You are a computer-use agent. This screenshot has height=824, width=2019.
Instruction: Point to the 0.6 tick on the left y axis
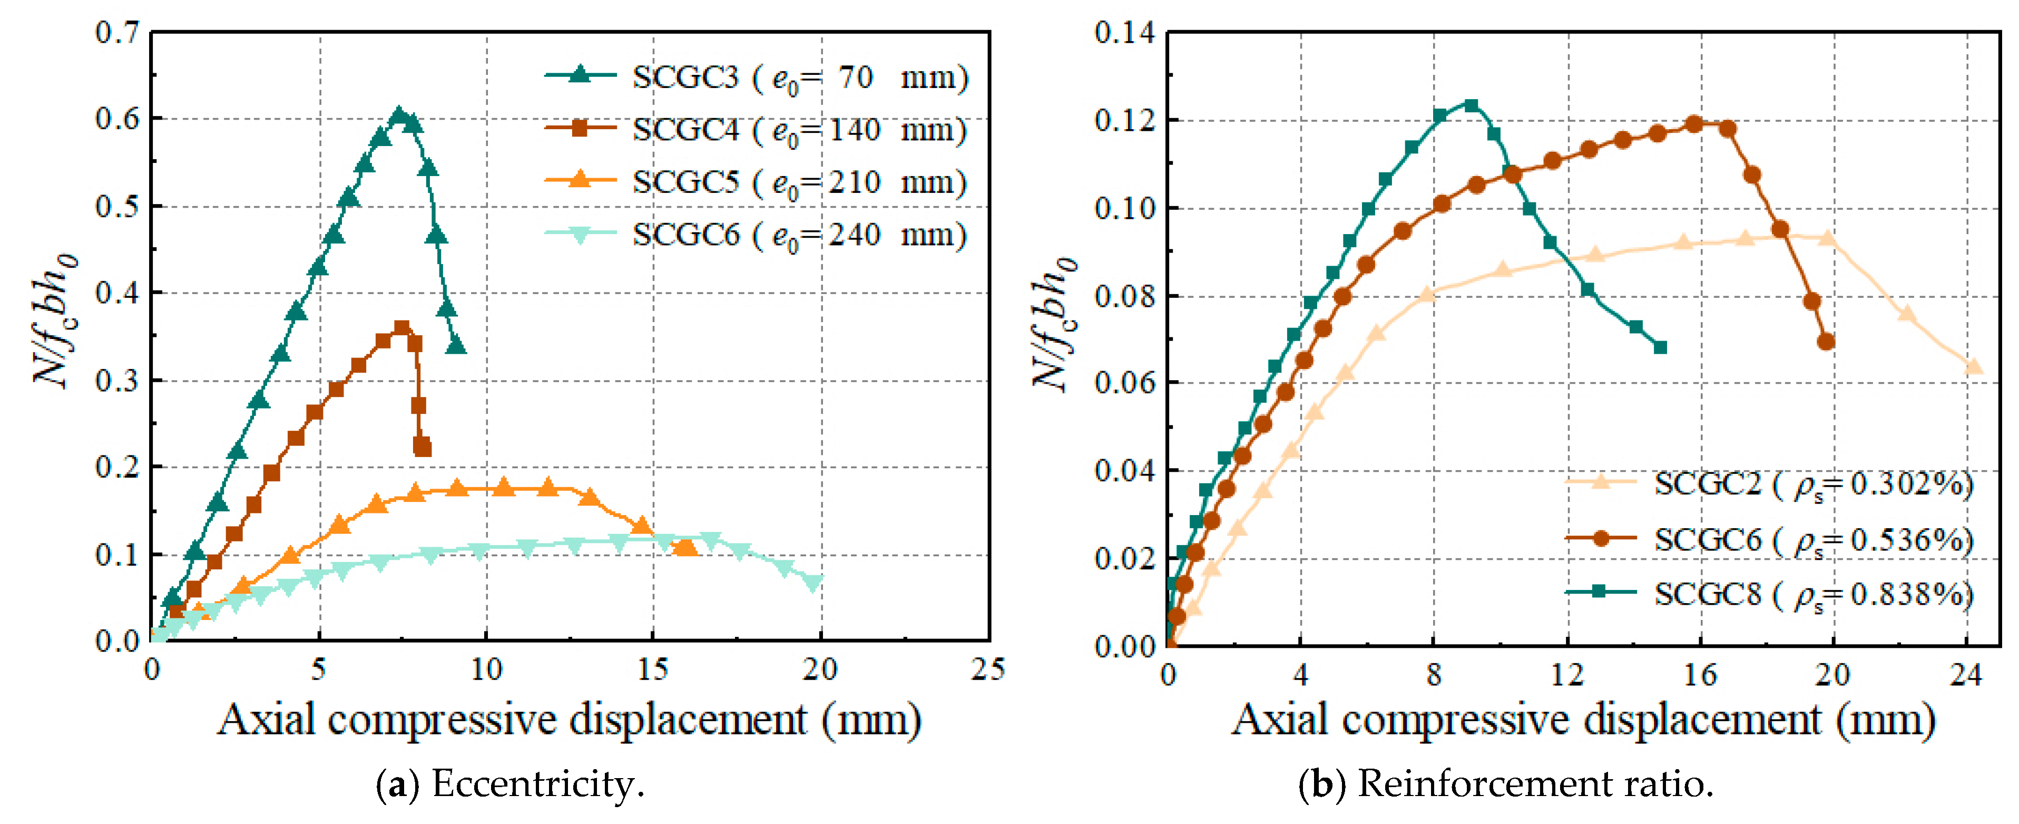[117, 119]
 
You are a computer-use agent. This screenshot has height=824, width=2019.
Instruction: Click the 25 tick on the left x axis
[987, 670]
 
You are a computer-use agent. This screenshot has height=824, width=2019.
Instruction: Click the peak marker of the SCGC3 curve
[399, 115]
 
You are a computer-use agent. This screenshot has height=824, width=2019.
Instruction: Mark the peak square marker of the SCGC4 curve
[402, 328]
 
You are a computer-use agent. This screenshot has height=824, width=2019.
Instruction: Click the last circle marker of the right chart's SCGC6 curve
[1826, 342]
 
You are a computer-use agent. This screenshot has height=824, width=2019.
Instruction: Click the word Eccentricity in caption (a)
[537, 783]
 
